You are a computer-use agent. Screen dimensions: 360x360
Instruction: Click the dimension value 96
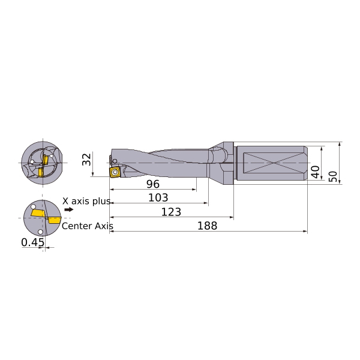click(x=153, y=184)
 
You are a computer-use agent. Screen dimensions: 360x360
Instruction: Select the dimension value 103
click(x=158, y=197)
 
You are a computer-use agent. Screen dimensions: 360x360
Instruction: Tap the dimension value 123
click(x=171, y=212)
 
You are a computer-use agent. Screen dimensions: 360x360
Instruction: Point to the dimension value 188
click(x=208, y=226)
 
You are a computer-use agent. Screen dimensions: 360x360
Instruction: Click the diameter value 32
click(x=87, y=159)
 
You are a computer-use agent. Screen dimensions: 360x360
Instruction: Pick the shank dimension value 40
click(x=315, y=172)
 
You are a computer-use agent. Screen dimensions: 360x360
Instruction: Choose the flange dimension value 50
click(x=333, y=176)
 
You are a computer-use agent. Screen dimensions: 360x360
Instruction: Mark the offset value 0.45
click(x=32, y=242)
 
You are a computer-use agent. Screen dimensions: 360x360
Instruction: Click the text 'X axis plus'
click(x=86, y=201)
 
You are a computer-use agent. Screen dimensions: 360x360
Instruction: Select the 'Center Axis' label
click(x=88, y=226)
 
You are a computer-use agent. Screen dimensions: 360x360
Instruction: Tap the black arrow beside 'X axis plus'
click(x=68, y=209)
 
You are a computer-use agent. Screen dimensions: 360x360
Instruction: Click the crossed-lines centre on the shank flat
click(x=272, y=163)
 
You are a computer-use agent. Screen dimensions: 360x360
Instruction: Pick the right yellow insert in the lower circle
click(x=54, y=220)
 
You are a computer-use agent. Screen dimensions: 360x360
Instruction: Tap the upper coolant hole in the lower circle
click(x=33, y=206)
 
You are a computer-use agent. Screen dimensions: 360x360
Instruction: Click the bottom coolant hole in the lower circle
click(x=40, y=232)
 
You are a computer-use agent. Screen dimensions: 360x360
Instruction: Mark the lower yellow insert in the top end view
click(x=41, y=172)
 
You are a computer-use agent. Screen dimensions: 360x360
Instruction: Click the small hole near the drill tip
click(x=115, y=161)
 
